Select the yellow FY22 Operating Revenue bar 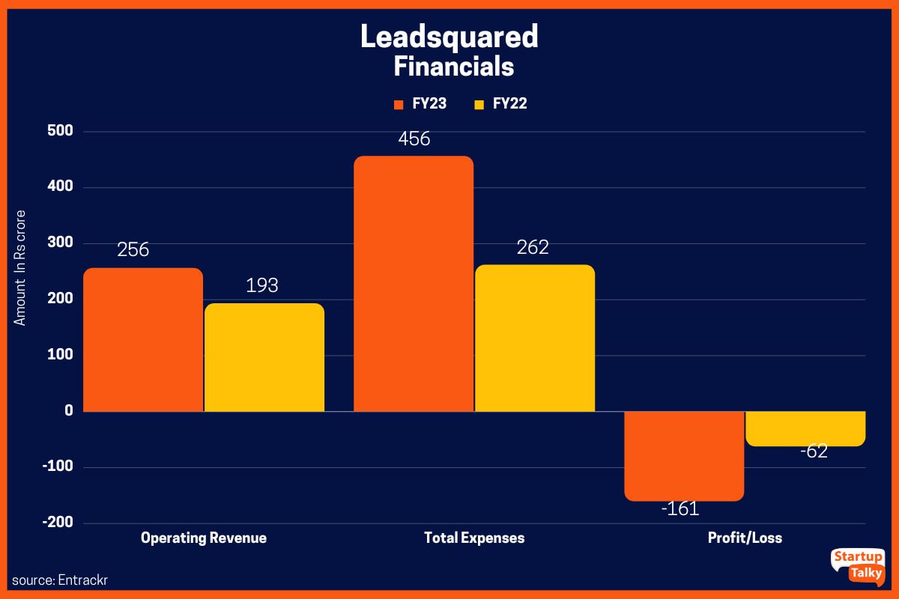[x=264, y=357]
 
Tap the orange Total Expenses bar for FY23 [x=414, y=284]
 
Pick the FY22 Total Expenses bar [x=535, y=338]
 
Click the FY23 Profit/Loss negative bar [x=684, y=455]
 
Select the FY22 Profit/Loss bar [x=805, y=428]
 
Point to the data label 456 [x=414, y=139]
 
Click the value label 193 [x=262, y=285]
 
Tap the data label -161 [x=679, y=509]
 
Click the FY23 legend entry [x=420, y=104]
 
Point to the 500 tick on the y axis [x=58, y=131]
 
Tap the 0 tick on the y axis [x=68, y=410]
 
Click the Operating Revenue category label [x=203, y=538]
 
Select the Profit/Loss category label [x=745, y=538]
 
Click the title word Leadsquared [x=449, y=37]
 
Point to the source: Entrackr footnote [x=55, y=580]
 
